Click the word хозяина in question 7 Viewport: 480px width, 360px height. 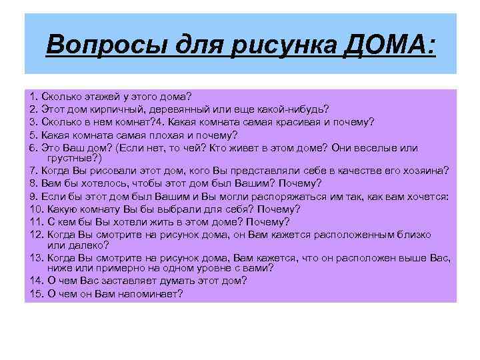[425, 171]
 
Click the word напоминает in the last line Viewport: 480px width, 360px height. [149, 293]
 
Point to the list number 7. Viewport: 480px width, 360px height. [33, 171]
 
